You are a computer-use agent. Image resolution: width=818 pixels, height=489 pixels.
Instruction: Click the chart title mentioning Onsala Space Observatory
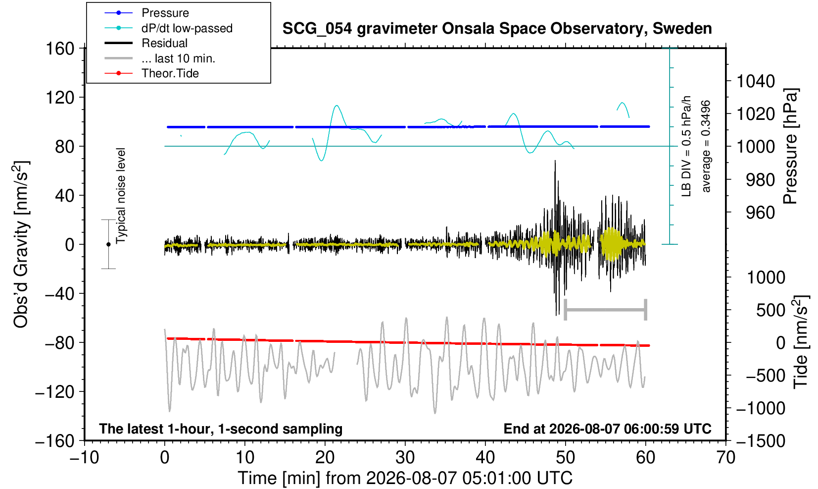(497, 29)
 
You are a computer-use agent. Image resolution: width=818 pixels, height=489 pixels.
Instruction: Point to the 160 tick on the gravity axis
(60, 49)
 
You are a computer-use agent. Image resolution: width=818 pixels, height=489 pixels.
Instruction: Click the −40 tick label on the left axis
(59, 293)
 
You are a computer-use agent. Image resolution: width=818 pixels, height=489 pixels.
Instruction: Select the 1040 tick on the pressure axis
(756, 81)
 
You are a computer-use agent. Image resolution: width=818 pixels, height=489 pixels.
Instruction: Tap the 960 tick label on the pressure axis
(760, 213)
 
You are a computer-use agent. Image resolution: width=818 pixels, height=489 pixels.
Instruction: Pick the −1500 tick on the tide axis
(760, 441)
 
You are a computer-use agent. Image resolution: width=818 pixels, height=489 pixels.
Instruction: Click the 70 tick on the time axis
(725, 458)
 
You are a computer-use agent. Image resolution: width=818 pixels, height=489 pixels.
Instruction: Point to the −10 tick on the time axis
(84, 458)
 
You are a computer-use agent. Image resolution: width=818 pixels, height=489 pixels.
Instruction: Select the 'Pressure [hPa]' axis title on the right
(791, 146)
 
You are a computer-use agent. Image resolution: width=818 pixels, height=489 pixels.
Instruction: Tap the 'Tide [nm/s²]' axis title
(801, 342)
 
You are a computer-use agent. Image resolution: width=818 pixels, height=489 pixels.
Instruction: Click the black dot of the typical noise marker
(108, 244)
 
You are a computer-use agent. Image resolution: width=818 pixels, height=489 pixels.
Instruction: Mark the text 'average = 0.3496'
(706, 146)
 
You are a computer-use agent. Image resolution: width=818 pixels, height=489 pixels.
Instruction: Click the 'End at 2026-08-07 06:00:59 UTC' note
(607, 429)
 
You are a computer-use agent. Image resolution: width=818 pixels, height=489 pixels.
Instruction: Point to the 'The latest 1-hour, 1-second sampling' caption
(221, 429)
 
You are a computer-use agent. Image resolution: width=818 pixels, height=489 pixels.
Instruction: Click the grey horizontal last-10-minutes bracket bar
(606, 310)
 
